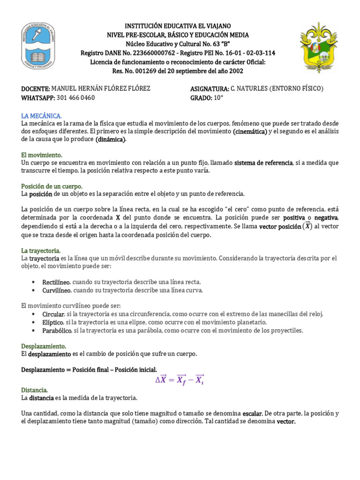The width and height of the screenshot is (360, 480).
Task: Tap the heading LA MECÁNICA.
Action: pos(42,115)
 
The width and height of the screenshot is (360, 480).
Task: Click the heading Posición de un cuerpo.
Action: pos(52,186)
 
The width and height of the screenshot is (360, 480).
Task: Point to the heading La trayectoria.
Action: pos(41,251)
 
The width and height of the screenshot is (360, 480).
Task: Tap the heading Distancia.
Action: pos(35,390)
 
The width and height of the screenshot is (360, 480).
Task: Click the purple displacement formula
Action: pos(180,380)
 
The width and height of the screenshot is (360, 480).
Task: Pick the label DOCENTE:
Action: pos(35,89)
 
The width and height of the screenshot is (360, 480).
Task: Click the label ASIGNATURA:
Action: pos(210,89)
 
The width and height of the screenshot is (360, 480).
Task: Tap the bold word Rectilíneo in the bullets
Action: pos(56,282)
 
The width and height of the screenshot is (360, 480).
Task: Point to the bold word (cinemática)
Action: pos(249,131)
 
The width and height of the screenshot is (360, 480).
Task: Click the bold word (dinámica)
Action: pos(111,140)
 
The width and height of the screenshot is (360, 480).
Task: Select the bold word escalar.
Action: pos(252,414)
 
